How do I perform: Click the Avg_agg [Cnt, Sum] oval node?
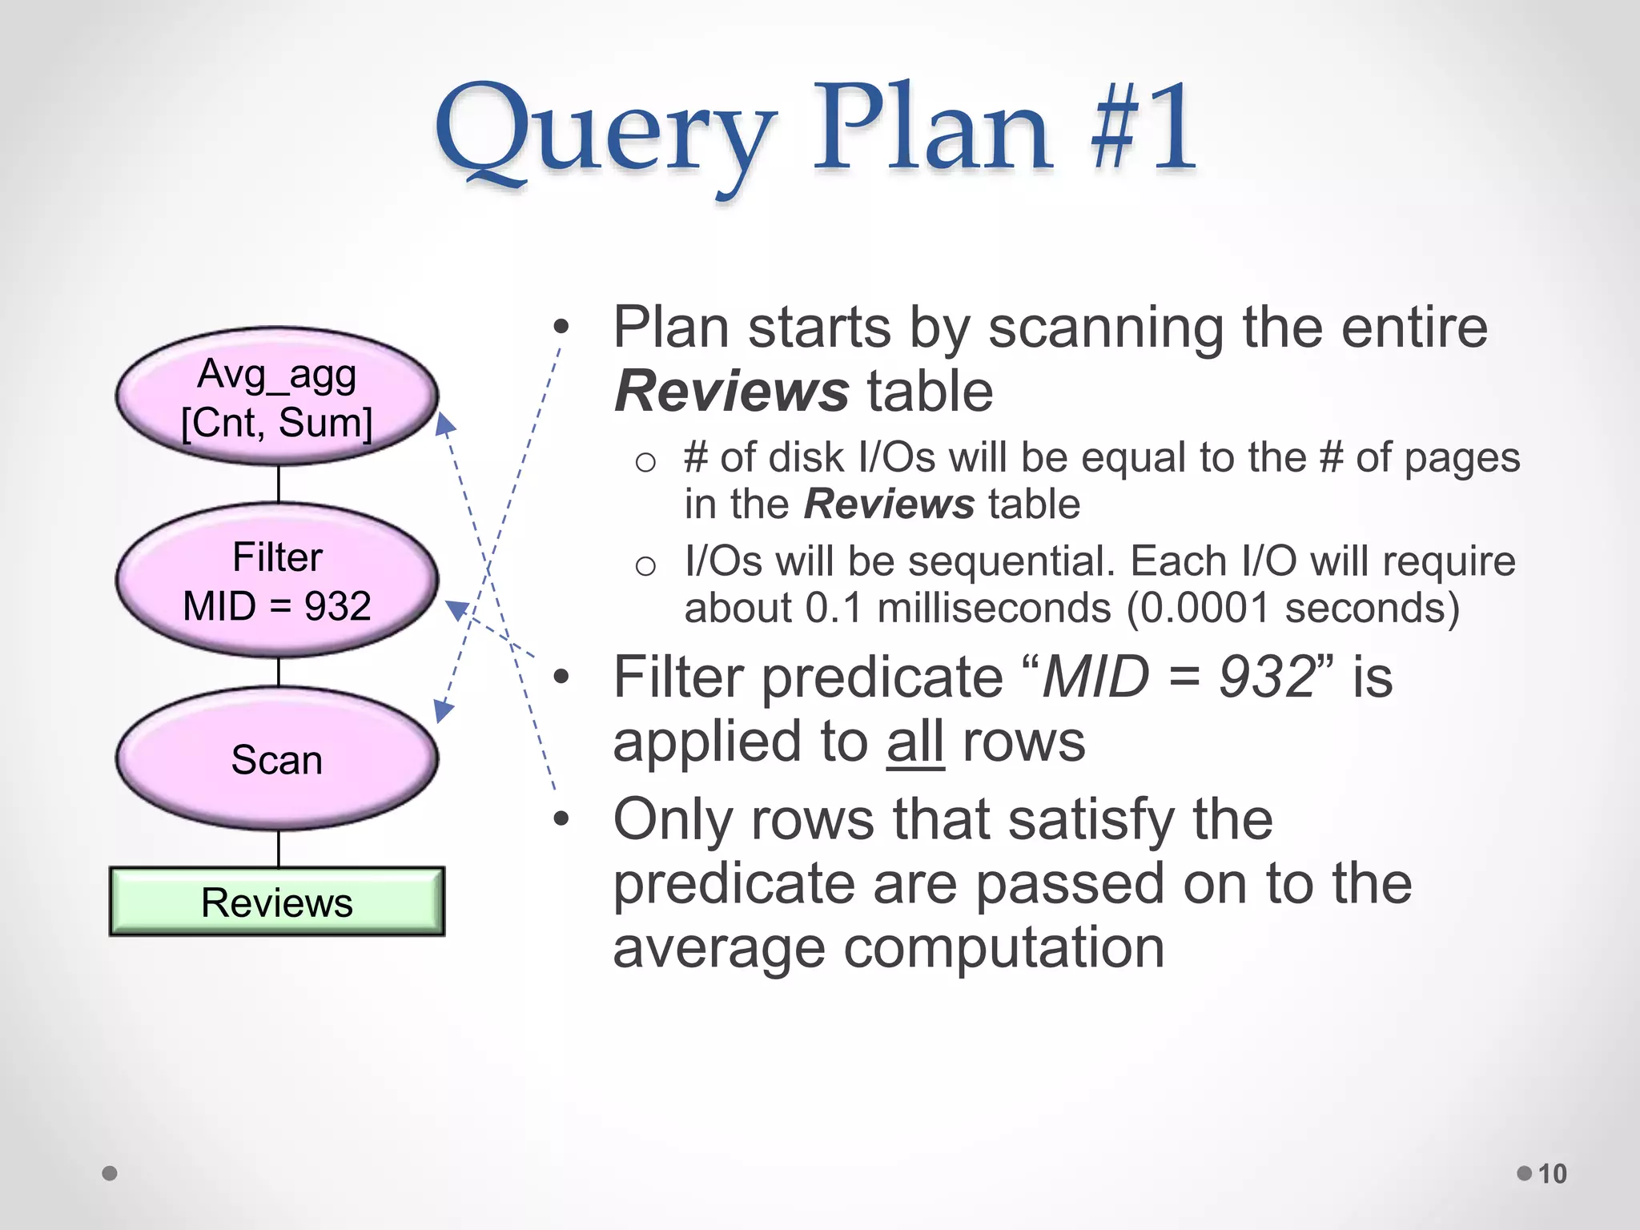pos(277,397)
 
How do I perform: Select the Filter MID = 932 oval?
pos(277,581)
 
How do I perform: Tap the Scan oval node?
pos(277,759)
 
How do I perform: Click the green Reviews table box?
pos(277,902)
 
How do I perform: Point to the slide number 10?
pos(1552,1173)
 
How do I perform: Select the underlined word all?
pos(915,742)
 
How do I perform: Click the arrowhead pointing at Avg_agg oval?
pos(444,424)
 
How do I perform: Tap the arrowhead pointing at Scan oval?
pos(443,709)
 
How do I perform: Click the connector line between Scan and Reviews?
pos(279,849)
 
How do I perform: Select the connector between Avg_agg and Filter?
pos(279,484)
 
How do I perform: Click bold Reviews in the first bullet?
pos(731,392)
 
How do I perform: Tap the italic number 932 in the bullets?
pos(1268,677)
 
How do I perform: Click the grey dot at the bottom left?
pos(110,1173)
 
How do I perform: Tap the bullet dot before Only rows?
pos(561,819)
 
